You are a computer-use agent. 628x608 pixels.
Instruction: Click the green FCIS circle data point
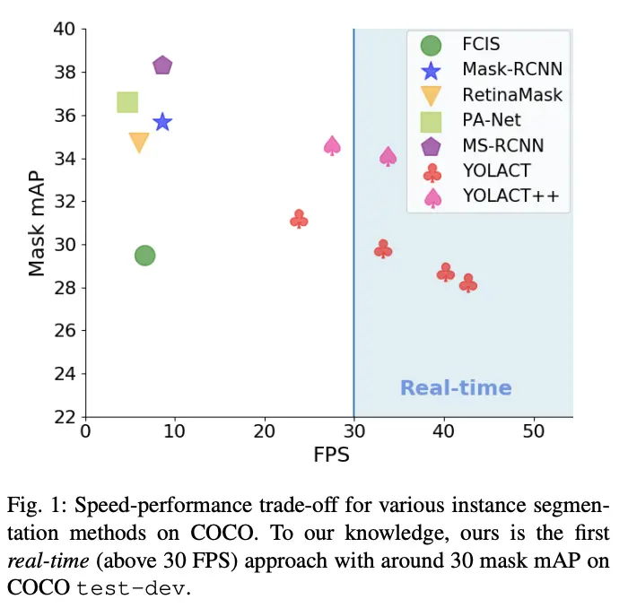144,256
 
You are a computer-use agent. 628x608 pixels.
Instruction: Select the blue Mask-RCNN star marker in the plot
162,122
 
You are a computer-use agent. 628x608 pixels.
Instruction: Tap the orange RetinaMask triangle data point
139,143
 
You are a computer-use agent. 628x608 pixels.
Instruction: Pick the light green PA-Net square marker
127,102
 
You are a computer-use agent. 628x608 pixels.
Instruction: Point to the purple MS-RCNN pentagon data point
162,65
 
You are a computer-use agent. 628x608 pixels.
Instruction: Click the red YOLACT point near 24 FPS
300,219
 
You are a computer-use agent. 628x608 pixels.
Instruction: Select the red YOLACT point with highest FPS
468,283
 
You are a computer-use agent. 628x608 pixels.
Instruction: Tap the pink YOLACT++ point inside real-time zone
388,157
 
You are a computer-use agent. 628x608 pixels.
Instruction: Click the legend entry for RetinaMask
512,94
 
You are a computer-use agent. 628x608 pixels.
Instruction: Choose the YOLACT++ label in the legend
516,195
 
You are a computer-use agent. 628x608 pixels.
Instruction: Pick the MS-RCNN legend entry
502,145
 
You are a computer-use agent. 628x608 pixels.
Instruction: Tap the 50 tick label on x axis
534,432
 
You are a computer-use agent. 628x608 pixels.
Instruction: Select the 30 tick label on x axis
353,432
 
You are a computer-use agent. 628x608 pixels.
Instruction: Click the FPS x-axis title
330,454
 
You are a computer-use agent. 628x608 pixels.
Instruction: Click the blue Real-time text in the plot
456,388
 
